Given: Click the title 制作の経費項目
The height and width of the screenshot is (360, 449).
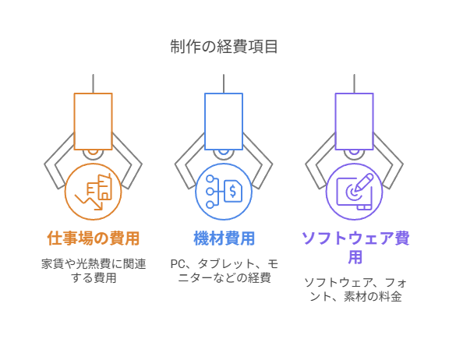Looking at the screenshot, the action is [224, 47].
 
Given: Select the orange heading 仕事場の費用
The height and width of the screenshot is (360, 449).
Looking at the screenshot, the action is [94, 238].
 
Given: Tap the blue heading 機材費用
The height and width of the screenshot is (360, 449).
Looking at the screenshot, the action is [224, 238].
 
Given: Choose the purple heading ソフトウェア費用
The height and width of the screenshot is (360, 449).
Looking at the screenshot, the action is [355, 247].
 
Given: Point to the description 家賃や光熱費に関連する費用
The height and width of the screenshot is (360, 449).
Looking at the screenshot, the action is [94, 270].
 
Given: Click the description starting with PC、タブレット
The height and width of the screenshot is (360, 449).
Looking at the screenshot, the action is [224, 270].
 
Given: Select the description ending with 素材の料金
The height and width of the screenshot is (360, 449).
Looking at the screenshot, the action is [355, 289].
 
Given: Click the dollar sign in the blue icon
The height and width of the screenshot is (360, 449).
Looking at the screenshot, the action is [233, 191].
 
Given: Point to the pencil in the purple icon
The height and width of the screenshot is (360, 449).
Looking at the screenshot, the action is [363, 182].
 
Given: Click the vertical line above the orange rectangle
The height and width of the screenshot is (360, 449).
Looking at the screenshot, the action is [93, 83].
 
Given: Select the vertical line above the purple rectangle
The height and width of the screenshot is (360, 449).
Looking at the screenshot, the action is [354, 83].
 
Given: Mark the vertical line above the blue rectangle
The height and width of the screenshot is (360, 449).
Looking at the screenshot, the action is [224, 83].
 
